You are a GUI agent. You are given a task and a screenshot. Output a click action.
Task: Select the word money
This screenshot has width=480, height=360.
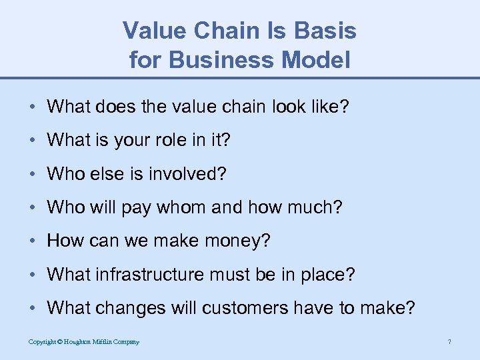pyautogui.click(x=235, y=241)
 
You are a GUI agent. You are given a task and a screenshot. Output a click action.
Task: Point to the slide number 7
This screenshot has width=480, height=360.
pyautogui.click(x=450, y=342)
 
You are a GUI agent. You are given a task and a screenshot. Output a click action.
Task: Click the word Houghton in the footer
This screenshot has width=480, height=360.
pyautogui.click(x=79, y=342)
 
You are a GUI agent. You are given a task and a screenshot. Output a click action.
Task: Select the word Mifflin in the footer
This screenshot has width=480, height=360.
pyautogui.click(x=107, y=342)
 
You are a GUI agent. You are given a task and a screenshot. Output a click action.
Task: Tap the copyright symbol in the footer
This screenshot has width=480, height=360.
pyautogui.click(x=59, y=342)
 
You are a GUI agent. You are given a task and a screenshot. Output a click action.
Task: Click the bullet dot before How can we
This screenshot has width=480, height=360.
pyautogui.click(x=33, y=241)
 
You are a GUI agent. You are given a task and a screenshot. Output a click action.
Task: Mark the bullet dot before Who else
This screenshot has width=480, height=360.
pyautogui.click(x=33, y=174)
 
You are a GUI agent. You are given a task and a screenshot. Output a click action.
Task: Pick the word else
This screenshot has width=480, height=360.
pyautogui.click(x=99, y=174)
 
